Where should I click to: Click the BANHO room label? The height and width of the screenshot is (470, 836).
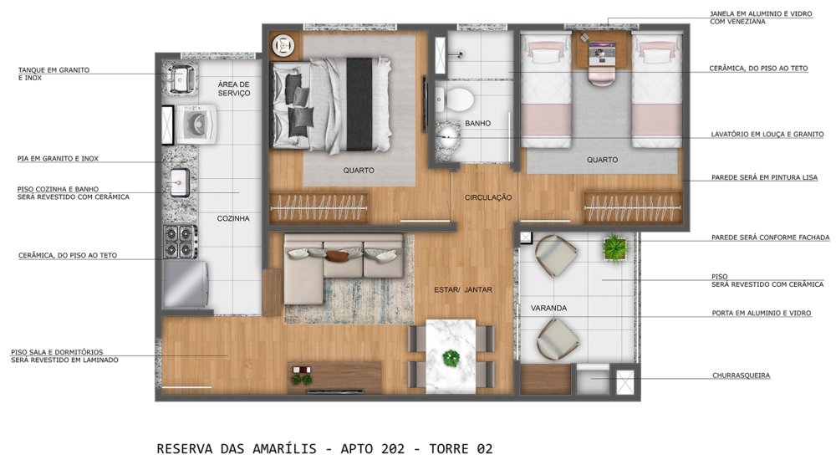click(x=477, y=123)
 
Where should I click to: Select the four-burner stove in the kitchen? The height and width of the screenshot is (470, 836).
click(x=181, y=241)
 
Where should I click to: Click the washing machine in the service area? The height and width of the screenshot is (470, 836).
click(x=196, y=125)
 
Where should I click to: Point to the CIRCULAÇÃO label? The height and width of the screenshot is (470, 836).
click(x=488, y=197)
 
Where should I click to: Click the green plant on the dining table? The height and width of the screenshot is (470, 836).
click(x=451, y=357)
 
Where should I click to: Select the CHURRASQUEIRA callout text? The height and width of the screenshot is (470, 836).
click(x=741, y=375)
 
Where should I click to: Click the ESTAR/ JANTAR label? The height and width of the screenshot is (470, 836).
click(x=463, y=289)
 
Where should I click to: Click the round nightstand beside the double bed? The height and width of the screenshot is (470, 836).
click(x=283, y=46)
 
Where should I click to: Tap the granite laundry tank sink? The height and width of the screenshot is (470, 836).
click(x=181, y=79)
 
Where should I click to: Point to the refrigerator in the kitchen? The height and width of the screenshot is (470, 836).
click(x=186, y=284)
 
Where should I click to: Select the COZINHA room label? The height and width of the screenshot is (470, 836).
click(x=233, y=218)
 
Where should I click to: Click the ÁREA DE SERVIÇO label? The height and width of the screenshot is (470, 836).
click(x=233, y=89)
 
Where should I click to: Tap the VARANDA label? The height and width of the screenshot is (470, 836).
click(x=548, y=308)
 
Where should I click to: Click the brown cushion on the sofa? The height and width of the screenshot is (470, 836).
click(x=337, y=257)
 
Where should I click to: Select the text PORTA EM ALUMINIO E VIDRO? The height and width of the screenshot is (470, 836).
click(x=762, y=313)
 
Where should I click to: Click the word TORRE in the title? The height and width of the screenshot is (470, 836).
click(x=449, y=449)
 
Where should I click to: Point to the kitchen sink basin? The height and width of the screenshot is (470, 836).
click(x=179, y=183)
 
